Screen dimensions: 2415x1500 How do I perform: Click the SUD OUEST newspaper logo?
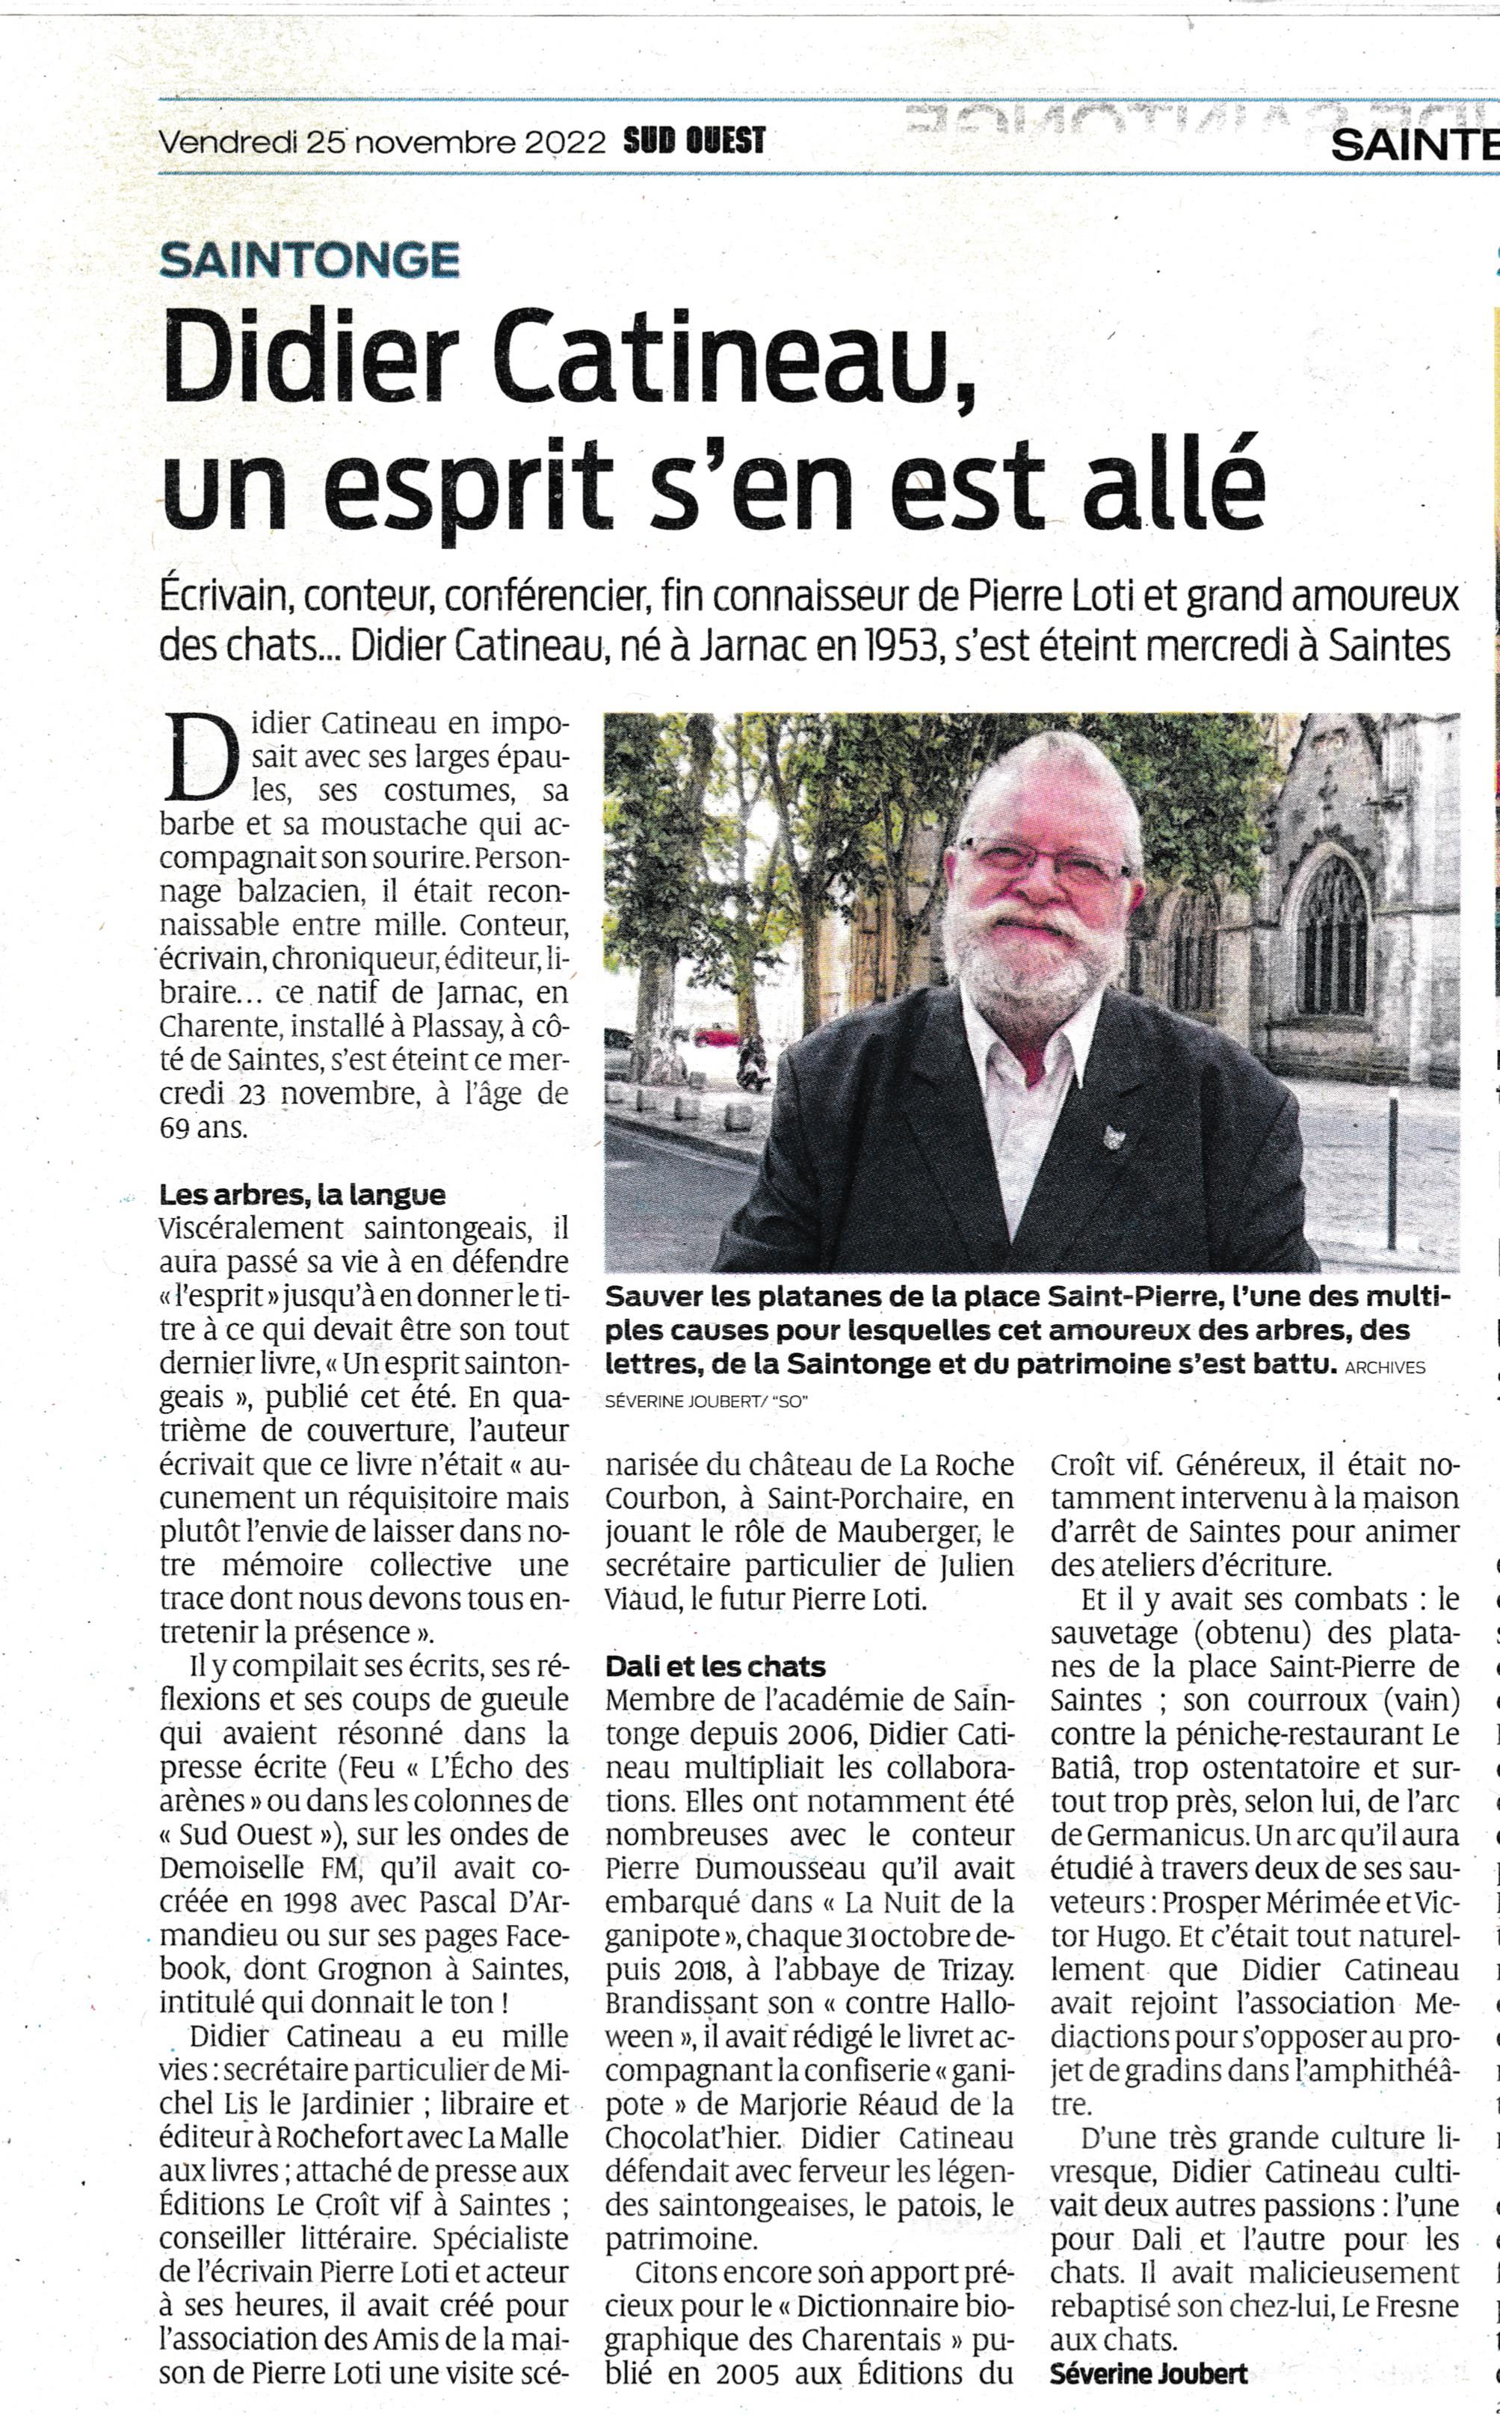pos(694,140)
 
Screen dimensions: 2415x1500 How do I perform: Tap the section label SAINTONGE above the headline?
pos(309,260)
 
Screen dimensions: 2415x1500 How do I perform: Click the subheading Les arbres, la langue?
pos(303,1195)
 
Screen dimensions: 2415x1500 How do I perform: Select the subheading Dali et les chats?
pos(715,1666)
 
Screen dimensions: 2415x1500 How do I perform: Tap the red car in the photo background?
pos(716,1036)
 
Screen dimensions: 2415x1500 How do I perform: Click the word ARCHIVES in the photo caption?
pos(1385,1367)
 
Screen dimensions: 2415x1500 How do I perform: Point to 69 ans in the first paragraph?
pos(203,1128)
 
